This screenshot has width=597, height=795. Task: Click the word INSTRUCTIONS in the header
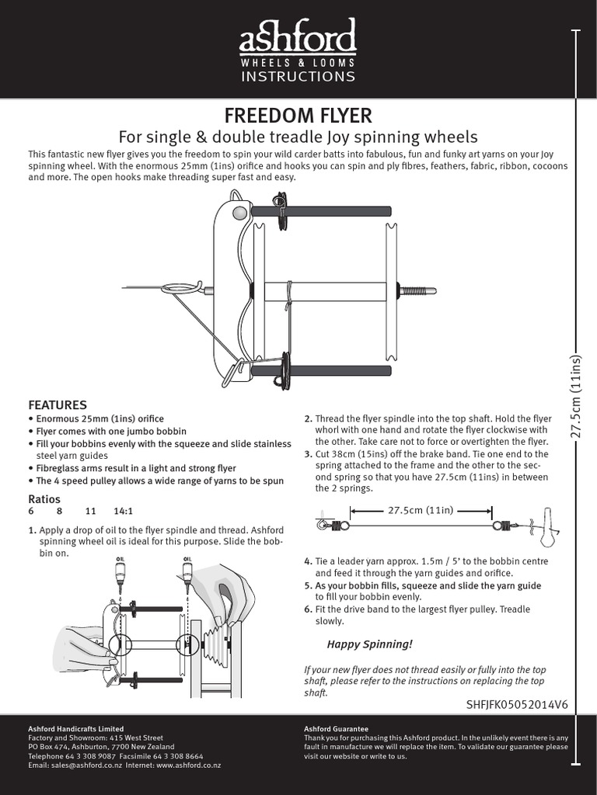pos(298,76)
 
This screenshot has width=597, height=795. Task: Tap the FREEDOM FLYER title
pos(298,116)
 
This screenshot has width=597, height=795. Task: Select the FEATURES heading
pos(58,405)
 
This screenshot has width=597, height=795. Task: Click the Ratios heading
pos(44,498)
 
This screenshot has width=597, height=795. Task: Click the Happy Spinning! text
pos(369,644)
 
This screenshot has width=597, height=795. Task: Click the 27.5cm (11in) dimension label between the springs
pos(421,510)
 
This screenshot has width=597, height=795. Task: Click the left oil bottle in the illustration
pos(120,573)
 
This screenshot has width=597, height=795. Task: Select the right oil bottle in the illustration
pos(187,573)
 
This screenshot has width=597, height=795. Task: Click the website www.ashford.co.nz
pos(188,765)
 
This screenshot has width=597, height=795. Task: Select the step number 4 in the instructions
pos(307,561)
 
